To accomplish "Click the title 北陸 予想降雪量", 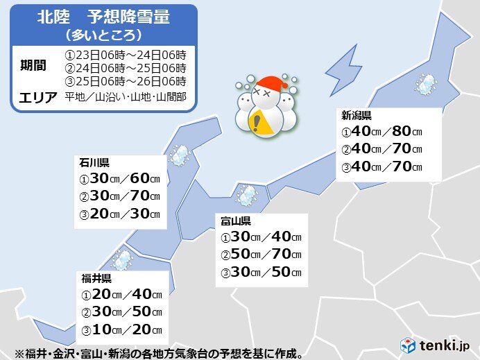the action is (x=103, y=17).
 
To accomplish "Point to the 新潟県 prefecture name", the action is (x=355, y=115).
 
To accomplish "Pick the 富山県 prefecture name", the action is (x=236, y=221).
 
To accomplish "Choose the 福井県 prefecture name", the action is (x=96, y=278).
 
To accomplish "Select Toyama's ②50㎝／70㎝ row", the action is (x=261, y=255).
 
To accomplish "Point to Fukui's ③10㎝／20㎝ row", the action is (x=121, y=329).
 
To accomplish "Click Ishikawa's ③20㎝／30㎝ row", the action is (x=120, y=214).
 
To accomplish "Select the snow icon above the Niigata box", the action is (x=425, y=85).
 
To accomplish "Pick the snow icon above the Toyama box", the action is (x=246, y=195).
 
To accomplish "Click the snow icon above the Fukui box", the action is (x=122, y=260).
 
